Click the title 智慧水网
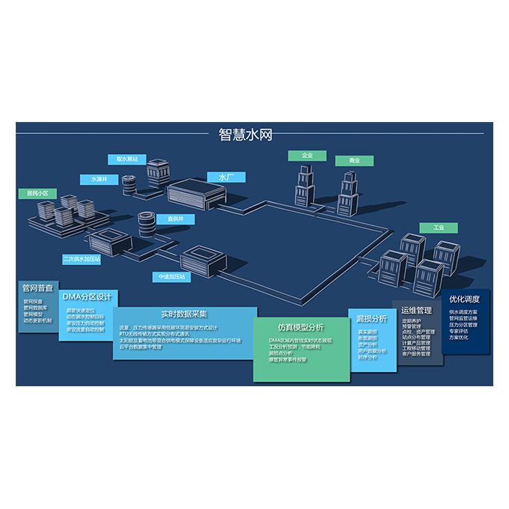coord(244,135)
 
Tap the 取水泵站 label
coord(121,159)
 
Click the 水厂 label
coord(226,177)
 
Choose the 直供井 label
coord(177,219)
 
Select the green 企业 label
coord(307,156)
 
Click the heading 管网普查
coord(37,288)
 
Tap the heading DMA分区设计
coord(87,296)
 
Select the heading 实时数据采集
coord(184,314)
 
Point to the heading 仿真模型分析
coord(300,327)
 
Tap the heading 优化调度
coord(464,299)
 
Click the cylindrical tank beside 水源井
coord(129,183)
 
